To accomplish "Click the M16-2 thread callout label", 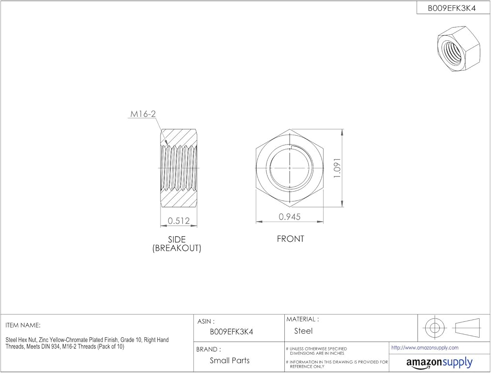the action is pos(143,114).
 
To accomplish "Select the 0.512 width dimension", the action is pos(179,221).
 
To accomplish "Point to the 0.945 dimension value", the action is pos(290,217).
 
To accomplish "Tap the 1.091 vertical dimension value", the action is pos(337,169).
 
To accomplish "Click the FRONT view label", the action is pos(290,239).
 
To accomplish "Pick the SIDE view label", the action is pos(177,239).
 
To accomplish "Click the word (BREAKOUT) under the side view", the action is pos(177,248).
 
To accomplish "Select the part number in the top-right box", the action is pos(452,8).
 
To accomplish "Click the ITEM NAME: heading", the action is pos(23,325).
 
